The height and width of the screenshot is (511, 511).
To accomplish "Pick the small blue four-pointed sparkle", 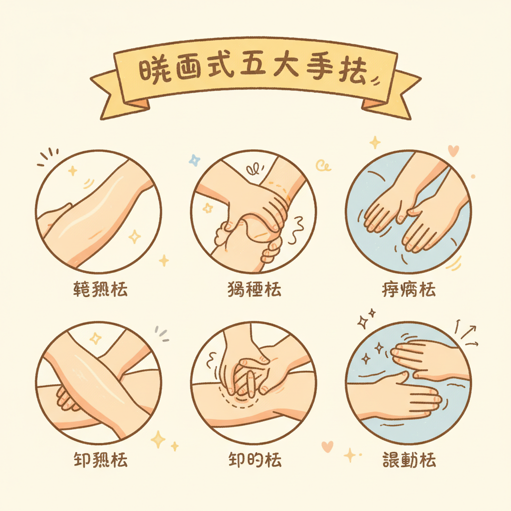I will (x=194, y=160).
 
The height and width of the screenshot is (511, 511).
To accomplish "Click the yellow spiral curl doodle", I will (x=323, y=166).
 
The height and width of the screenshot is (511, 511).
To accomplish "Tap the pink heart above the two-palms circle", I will (x=453, y=149).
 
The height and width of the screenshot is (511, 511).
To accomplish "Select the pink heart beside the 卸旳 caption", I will (x=327, y=446).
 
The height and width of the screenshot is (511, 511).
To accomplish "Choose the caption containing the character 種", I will (x=254, y=290).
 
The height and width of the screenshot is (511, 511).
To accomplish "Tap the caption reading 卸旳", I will (x=254, y=460).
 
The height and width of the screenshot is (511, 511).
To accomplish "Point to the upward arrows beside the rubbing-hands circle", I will (x=467, y=333).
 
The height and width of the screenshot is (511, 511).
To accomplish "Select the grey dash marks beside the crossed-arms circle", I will (x=162, y=333).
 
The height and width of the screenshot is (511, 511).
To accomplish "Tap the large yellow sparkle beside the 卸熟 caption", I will (x=158, y=439).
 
